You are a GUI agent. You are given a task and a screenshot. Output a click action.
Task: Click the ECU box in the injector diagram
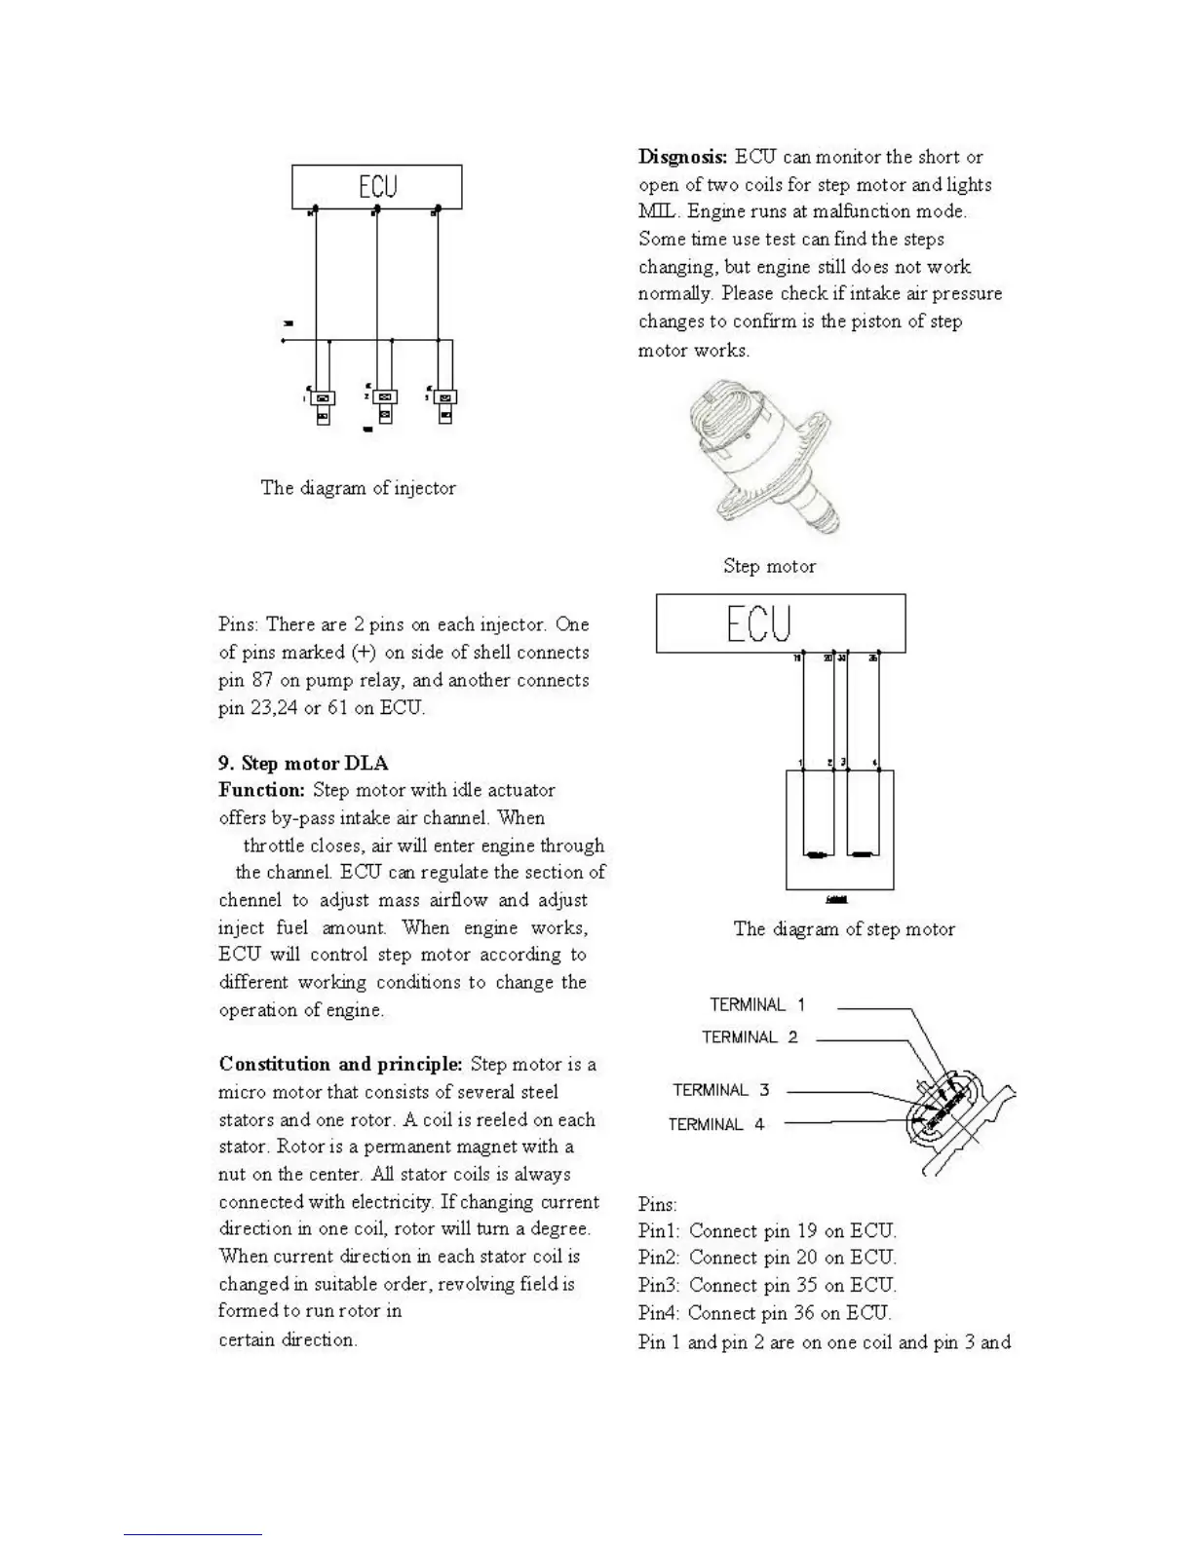click(376, 186)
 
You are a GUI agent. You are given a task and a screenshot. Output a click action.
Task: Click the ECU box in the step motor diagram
click(780, 623)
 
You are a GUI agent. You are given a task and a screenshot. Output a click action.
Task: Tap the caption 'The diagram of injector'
click(358, 488)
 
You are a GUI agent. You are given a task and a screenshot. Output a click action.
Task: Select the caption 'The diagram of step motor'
click(844, 929)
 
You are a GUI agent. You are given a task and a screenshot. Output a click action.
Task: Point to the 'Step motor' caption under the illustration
click(769, 566)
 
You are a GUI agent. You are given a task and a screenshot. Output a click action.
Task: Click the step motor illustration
click(765, 459)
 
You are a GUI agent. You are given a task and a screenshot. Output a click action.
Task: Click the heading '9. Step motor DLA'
click(303, 763)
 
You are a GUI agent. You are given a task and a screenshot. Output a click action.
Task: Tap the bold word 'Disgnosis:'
click(682, 157)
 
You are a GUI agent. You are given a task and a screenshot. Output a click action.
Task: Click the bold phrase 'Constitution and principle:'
click(340, 1064)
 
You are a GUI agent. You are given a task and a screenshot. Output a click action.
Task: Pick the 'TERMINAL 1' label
click(757, 1004)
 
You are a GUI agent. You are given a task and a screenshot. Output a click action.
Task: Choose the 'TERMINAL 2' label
click(750, 1037)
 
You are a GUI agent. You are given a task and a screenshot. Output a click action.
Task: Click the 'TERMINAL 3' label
click(720, 1090)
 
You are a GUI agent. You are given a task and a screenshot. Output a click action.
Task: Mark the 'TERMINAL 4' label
click(716, 1124)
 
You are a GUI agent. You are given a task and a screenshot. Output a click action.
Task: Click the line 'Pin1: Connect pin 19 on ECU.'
click(767, 1230)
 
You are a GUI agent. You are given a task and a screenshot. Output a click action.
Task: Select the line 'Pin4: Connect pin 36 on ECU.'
click(765, 1313)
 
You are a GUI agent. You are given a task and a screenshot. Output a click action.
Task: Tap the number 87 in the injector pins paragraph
click(262, 680)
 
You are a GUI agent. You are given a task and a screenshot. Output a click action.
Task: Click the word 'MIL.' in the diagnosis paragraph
click(658, 211)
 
